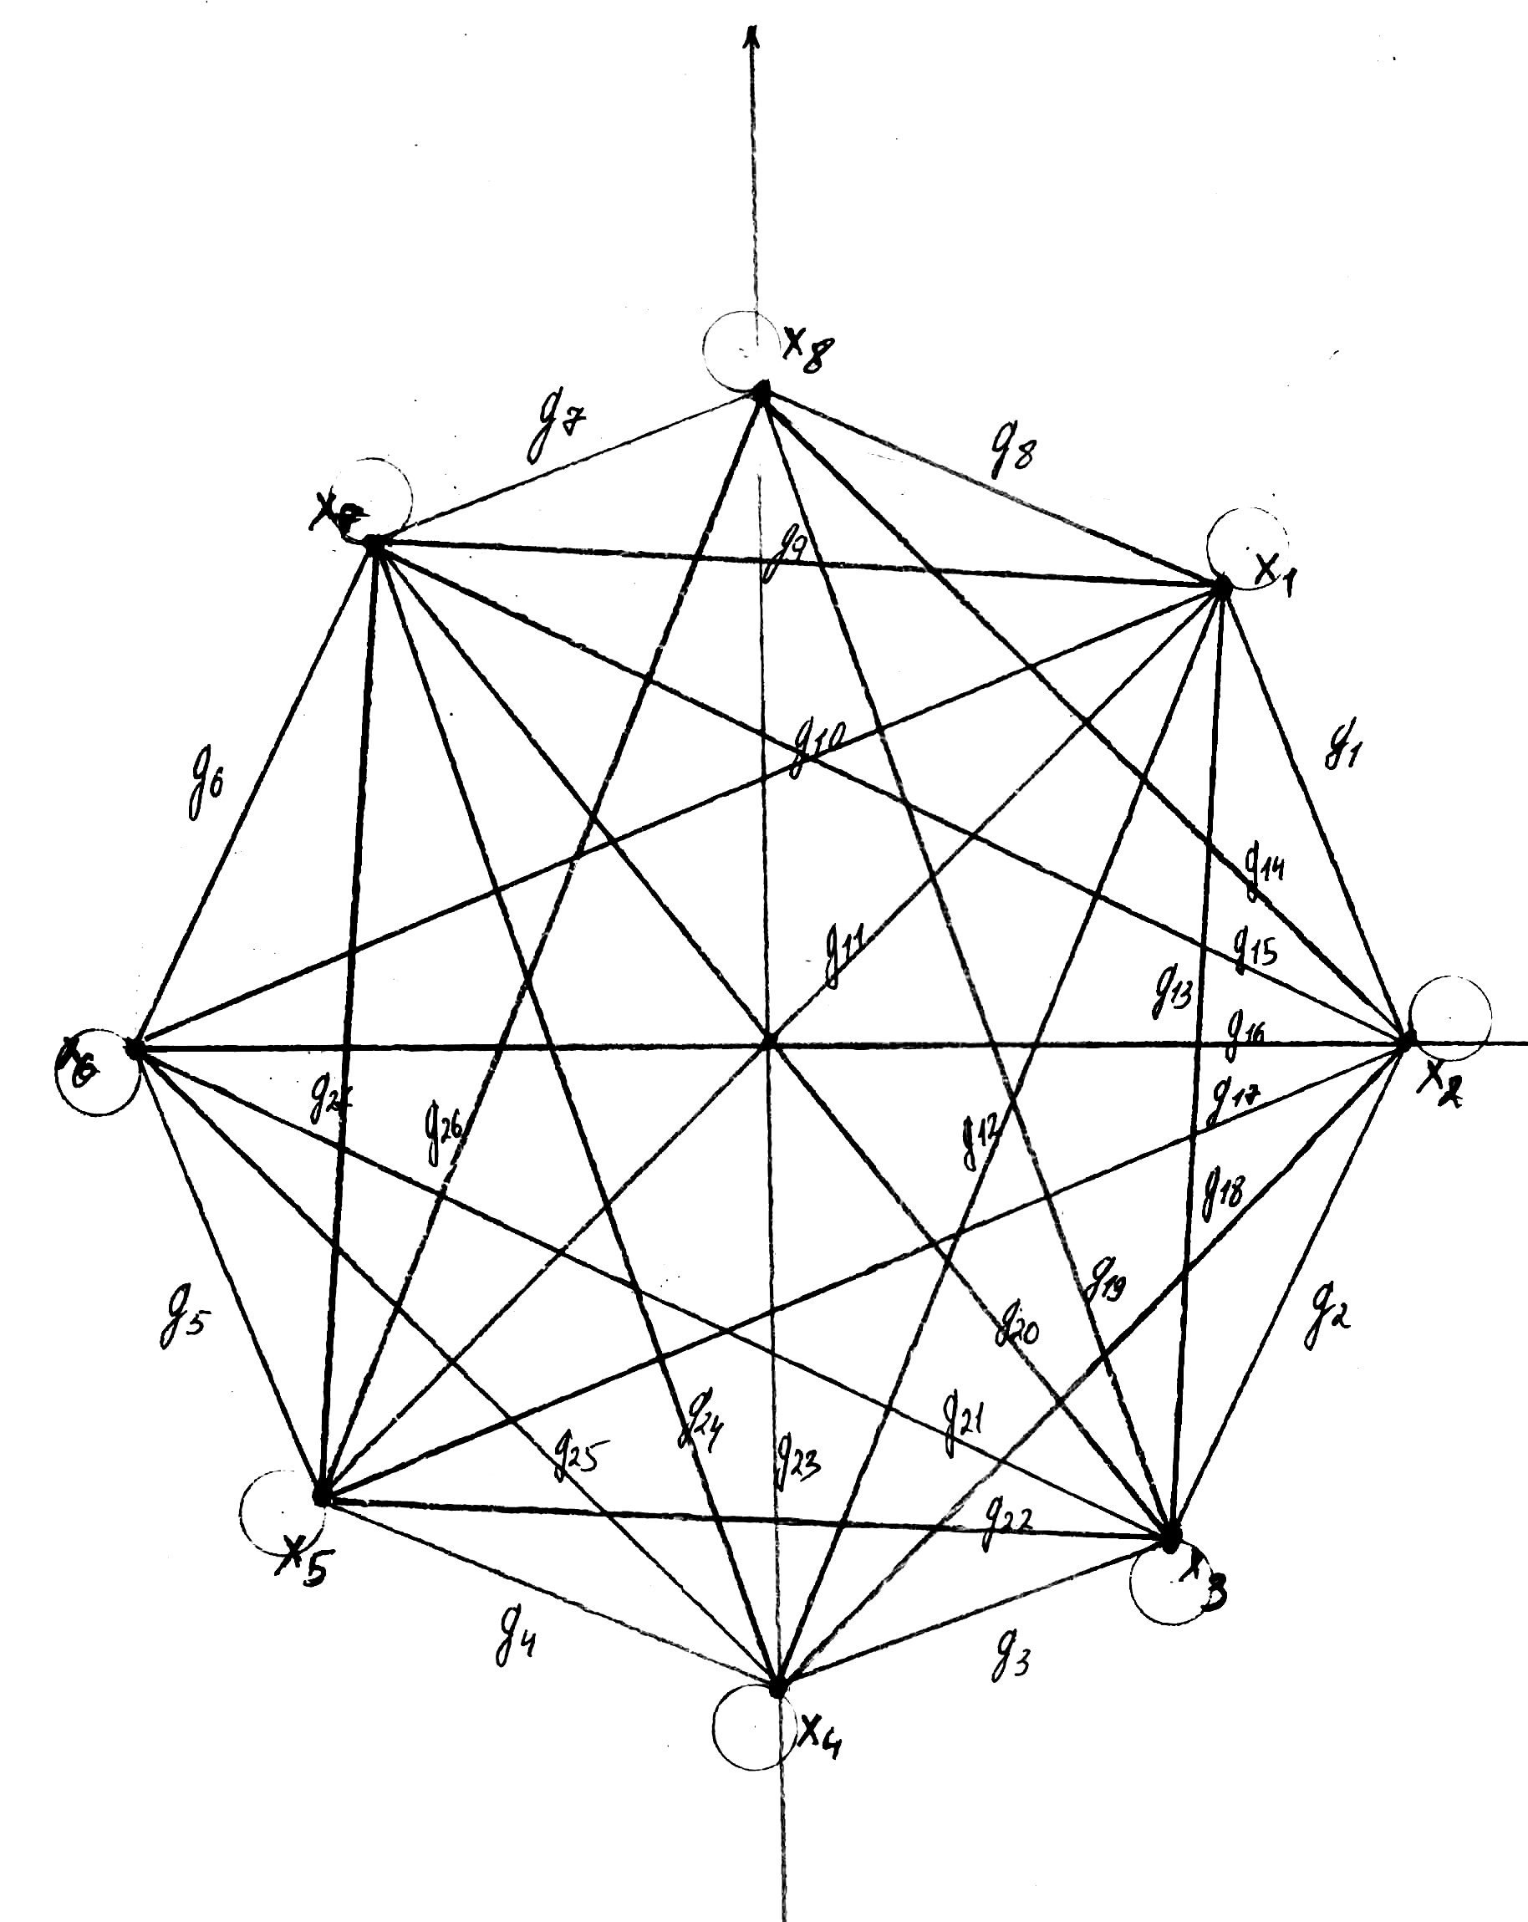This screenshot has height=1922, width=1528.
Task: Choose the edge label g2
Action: (x=1327, y=1318)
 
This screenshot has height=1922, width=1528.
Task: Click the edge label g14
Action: (x=1263, y=865)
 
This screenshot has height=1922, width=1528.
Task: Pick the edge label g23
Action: (x=796, y=1459)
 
